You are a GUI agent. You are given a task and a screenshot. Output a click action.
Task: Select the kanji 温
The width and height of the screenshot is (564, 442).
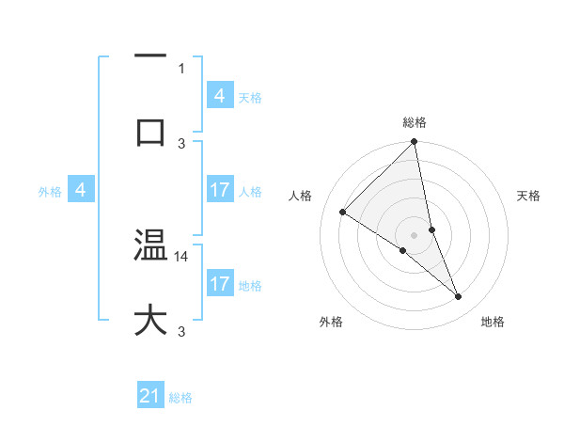[150, 246]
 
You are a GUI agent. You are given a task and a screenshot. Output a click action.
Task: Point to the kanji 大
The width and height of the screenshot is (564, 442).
[150, 320]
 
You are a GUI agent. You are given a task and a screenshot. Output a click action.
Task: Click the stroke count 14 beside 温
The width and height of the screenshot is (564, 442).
[183, 256]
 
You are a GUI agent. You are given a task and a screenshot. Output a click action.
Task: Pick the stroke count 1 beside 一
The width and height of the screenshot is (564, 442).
[181, 68]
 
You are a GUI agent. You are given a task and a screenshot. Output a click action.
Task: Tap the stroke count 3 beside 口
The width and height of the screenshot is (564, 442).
[181, 143]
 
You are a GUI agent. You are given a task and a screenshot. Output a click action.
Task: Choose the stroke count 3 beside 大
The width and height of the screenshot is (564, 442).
[181, 331]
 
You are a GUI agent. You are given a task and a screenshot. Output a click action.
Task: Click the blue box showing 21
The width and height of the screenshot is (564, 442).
[150, 396]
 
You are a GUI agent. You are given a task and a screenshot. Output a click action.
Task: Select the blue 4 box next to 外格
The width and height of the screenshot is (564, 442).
[81, 191]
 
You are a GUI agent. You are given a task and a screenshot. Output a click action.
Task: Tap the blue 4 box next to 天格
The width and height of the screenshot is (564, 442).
[220, 96]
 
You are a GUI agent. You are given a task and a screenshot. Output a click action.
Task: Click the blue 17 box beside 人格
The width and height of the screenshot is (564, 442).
[220, 191]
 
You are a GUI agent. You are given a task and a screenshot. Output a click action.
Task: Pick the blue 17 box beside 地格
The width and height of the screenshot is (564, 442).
[220, 284]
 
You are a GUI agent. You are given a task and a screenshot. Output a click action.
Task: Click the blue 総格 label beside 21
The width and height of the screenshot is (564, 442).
[180, 398]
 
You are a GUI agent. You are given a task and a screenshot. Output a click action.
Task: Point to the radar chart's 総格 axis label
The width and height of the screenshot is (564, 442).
[415, 122]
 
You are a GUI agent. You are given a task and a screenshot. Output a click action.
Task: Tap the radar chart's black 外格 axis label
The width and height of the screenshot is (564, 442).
[331, 322]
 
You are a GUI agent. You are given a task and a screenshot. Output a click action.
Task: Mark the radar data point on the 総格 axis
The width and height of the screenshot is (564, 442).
[415, 142]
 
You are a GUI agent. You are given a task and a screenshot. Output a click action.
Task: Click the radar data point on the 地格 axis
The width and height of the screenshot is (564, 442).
[459, 297]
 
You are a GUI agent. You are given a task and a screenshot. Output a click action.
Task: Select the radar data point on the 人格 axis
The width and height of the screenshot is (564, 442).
[342, 213]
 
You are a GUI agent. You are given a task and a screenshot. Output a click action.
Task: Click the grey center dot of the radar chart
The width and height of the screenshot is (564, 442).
[415, 234]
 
